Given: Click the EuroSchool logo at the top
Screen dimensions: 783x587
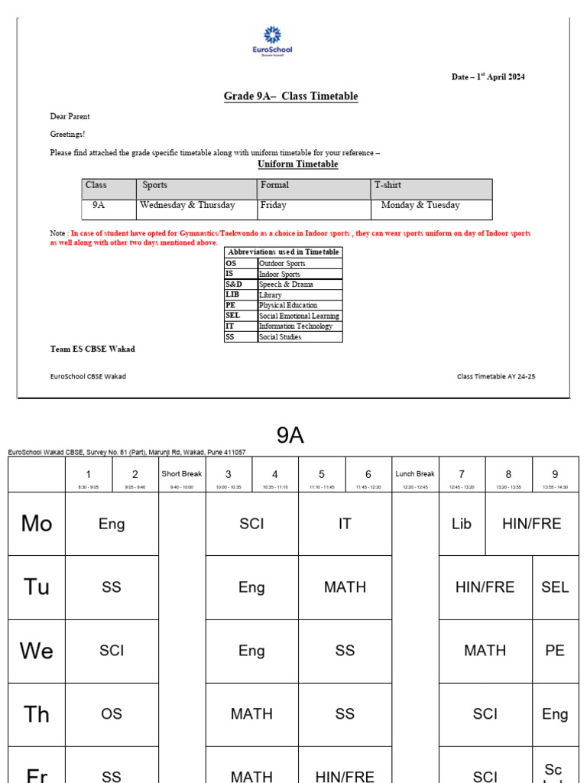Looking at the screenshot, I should (272, 40).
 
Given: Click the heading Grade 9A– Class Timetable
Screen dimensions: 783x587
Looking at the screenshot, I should (290, 96).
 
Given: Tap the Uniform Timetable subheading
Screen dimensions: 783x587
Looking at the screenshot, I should (297, 164).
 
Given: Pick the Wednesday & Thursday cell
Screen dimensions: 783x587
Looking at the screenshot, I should (188, 206).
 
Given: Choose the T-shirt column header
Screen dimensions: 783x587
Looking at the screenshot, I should (388, 185).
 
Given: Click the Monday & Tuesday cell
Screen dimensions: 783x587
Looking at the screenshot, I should (420, 206).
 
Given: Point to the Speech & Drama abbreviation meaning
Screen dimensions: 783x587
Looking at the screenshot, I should (286, 284).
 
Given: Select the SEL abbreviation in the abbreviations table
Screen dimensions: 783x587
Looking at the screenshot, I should (232, 316).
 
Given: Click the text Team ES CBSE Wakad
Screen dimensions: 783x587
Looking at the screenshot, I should (92, 349).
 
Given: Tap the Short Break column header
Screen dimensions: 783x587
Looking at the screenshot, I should (182, 474).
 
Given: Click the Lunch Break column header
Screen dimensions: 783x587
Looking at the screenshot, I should (415, 474).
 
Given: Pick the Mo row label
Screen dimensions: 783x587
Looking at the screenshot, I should (37, 524).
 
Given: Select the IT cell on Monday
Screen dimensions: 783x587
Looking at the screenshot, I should (345, 524).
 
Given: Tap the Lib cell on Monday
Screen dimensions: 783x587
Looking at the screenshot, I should (462, 524).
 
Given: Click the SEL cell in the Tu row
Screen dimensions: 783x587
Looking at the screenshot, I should (555, 587).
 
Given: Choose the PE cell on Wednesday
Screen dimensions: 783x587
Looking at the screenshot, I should (555, 651).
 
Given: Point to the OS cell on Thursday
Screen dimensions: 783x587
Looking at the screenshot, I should (112, 714).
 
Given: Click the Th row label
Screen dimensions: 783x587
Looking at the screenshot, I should (37, 714).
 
